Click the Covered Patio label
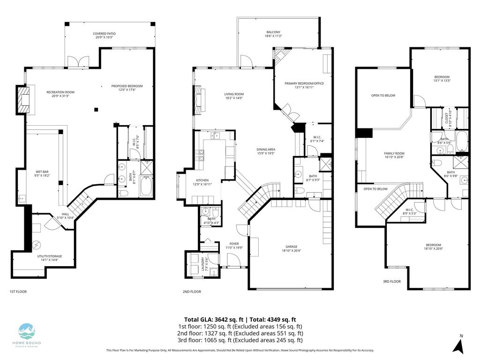pyautogui.click(x=105, y=36)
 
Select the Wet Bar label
pyautogui.click(x=43, y=173)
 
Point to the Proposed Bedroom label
pyautogui.click(x=127, y=88)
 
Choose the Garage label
pyautogui.click(x=291, y=248)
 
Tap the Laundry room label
pyautogui.click(x=203, y=265)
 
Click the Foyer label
pyautogui.click(x=234, y=246)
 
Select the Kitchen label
pyautogui.click(x=202, y=182)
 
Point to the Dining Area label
pyautogui.click(x=265, y=151)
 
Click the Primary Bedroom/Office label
pyautogui.click(x=304, y=85)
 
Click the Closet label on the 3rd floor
pyautogui.click(x=446, y=120)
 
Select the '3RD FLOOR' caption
pyautogui.click(x=392, y=282)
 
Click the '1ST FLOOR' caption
pyautogui.click(x=18, y=292)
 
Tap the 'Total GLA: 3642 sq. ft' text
pyautogui.click(x=214, y=320)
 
